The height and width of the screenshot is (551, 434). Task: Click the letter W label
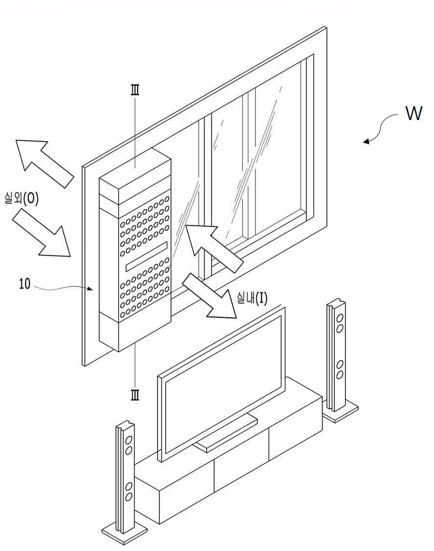pyautogui.click(x=413, y=114)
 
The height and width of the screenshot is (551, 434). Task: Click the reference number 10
pyautogui.click(x=24, y=284)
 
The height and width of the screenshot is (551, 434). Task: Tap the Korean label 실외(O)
pyautogui.click(x=22, y=198)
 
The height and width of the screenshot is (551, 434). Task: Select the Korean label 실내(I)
pyautogui.click(x=252, y=299)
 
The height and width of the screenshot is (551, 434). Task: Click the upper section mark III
pyautogui.click(x=135, y=90)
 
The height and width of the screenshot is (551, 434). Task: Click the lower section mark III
pyautogui.click(x=135, y=395)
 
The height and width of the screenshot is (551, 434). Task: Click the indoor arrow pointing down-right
pyautogui.click(x=209, y=296)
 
